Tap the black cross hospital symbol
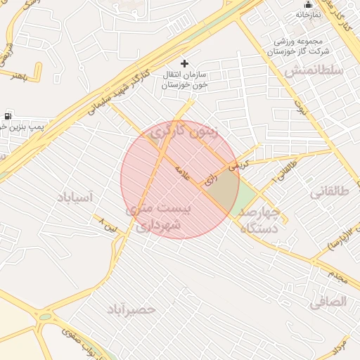(185, 63)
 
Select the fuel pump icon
(7, 115)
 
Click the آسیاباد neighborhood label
(75, 198)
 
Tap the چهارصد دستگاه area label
(260, 219)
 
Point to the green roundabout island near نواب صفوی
(46, 317)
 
